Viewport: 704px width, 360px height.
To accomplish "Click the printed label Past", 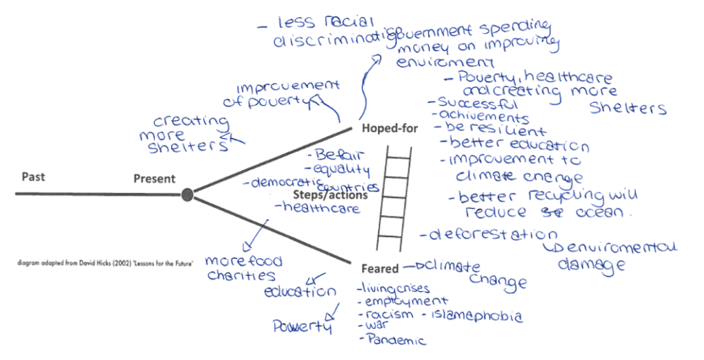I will coord(33,177).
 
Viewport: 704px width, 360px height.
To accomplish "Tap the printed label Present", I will coord(154,179).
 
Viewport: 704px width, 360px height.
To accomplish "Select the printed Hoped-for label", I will coord(390,128).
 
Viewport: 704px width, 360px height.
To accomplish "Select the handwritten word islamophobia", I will coord(476,316).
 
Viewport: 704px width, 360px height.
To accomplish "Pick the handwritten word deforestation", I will coord(493,235).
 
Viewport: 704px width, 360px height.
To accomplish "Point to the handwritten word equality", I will coord(342,169).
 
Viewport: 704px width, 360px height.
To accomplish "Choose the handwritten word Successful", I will coord(481,104).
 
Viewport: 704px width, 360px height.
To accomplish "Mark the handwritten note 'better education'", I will coord(518,146).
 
